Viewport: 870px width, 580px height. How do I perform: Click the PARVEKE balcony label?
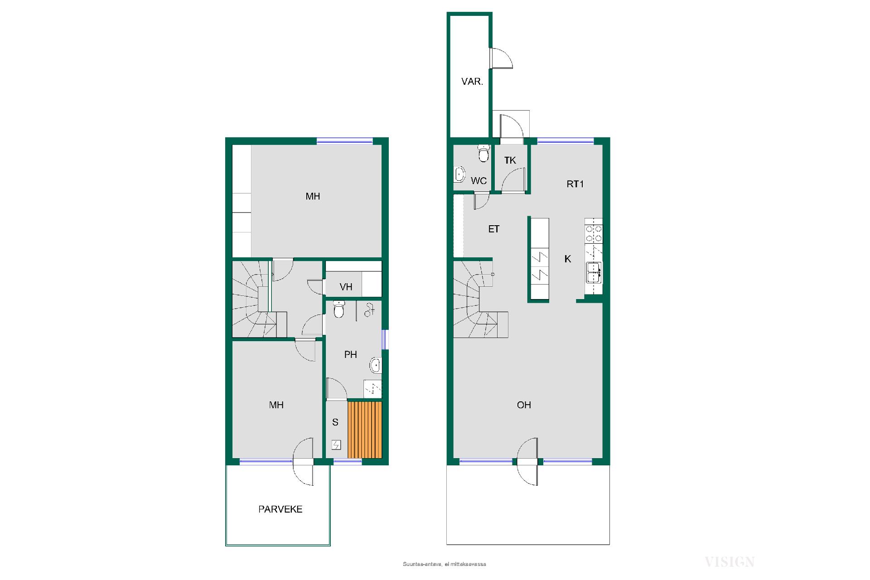click(280, 509)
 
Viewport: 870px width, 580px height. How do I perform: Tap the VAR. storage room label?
click(472, 82)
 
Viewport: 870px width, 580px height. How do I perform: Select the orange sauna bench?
click(365, 430)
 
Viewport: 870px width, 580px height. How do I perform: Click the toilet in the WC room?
click(484, 153)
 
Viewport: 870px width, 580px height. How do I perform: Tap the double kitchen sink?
click(594, 272)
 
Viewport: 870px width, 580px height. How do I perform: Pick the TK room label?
click(510, 160)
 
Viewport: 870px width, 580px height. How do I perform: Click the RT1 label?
click(575, 184)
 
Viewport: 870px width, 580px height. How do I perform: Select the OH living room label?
click(524, 405)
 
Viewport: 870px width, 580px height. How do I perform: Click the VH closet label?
click(346, 287)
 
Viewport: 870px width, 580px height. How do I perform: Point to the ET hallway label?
click(493, 229)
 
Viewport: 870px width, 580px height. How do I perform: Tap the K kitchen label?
click(567, 259)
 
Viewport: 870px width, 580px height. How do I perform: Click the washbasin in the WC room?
click(459, 174)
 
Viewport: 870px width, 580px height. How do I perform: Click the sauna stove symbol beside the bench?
click(336, 445)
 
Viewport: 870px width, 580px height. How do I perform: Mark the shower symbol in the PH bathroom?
click(370, 310)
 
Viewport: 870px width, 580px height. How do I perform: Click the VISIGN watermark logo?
click(730, 562)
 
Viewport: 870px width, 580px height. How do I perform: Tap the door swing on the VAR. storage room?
click(502, 58)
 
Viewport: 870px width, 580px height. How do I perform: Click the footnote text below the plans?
click(445, 564)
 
